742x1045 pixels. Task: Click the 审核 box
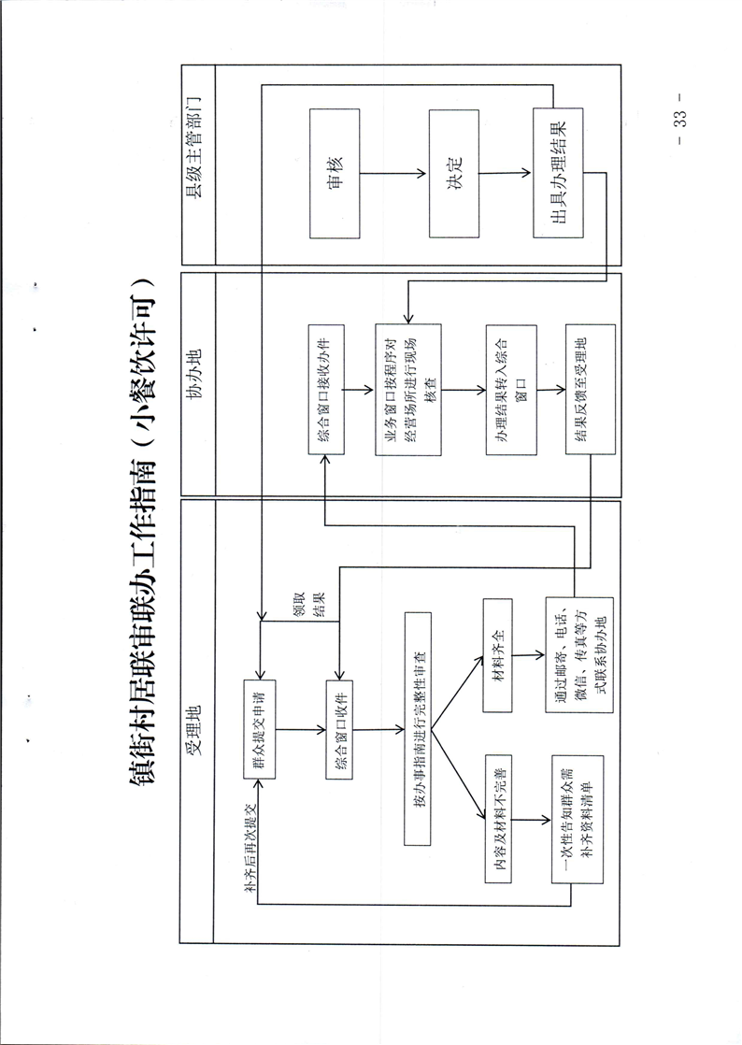[x=334, y=173]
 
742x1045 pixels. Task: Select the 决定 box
[x=453, y=173]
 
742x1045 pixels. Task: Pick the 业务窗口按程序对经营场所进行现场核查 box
[x=407, y=390]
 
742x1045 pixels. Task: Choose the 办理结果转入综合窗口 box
[x=510, y=390]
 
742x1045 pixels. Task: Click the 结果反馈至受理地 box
[x=590, y=390]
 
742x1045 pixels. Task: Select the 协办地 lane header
[x=197, y=384]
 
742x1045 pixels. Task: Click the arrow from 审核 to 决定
[x=393, y=173]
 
